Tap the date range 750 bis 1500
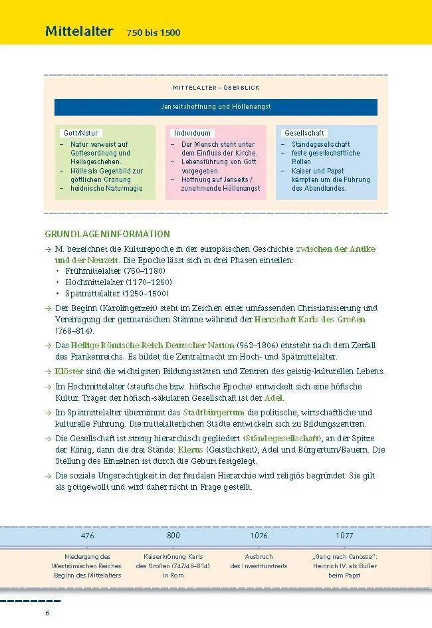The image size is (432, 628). pyautogui.click(x=154, y=33)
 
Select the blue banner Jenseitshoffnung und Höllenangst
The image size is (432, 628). pyautogui.click(x=216, y=106)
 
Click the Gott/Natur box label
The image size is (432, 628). pyautogui.click(x=80, y=133)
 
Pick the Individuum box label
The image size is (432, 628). pyautogui.click(x=192, y=133)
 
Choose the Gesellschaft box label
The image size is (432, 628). pyautogui.click(x=304, y=133)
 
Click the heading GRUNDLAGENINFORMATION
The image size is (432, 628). pyautogui.click(x=107, y=234)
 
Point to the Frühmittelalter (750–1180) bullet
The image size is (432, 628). pyautogui.click(x=114, y=271)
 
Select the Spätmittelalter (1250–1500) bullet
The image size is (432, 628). pyautogui.click(x=117, y=293)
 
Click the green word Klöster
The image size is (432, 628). pyautogui.click(x=70, y=371)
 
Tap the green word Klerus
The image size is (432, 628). pyautogui.click(x=191, y=450)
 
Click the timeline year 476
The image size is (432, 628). pyautogui.click(x=88, y=535)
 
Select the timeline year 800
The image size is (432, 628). pyautogui.click(x=173, y=535)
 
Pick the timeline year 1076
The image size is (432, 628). pyautogui.click(x=259, y=535)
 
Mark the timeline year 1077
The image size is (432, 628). pyautogui.click(x=344, y=535)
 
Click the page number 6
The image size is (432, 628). pyautogui.click(x=47, y=612)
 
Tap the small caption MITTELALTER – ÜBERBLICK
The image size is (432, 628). pyautogui.click(x=216, y=88)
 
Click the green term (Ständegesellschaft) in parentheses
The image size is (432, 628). pyautogui.click(x=283, y=439)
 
